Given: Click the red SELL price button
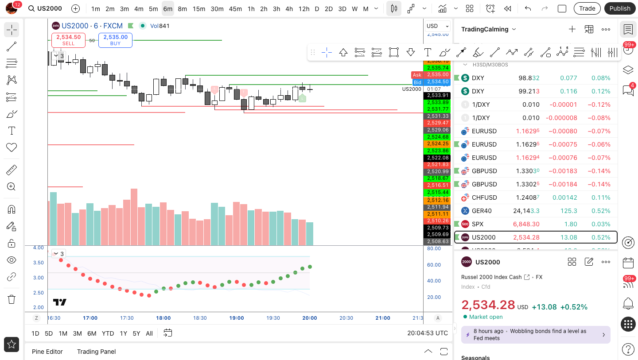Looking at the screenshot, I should tap(68, 40).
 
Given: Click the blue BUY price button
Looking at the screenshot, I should tap(115, 40).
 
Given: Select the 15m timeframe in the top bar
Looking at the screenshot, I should tap(199, 8).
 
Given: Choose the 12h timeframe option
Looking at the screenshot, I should tap(304, 8).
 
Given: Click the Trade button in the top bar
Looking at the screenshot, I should tap(587, 8).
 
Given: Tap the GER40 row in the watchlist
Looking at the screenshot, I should tap(482, 211).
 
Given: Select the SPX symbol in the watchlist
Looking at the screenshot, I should tap(478, 224).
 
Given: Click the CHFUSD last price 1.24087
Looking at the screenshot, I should tap(526, 197).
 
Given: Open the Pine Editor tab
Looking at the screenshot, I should tap(47, 352).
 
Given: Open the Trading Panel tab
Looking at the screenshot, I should tap(96, 352).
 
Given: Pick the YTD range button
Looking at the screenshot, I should tap(108, 333).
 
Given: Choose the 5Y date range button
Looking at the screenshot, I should tap(136, 333).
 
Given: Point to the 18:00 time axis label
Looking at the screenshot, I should tap(163, 318).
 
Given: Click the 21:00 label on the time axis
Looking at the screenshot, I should tap(383, 318).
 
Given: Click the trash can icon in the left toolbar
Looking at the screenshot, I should tap(12, 299).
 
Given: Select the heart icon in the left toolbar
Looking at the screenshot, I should tap(12, 147).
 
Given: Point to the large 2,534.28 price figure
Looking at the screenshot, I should tap(488, 305).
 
